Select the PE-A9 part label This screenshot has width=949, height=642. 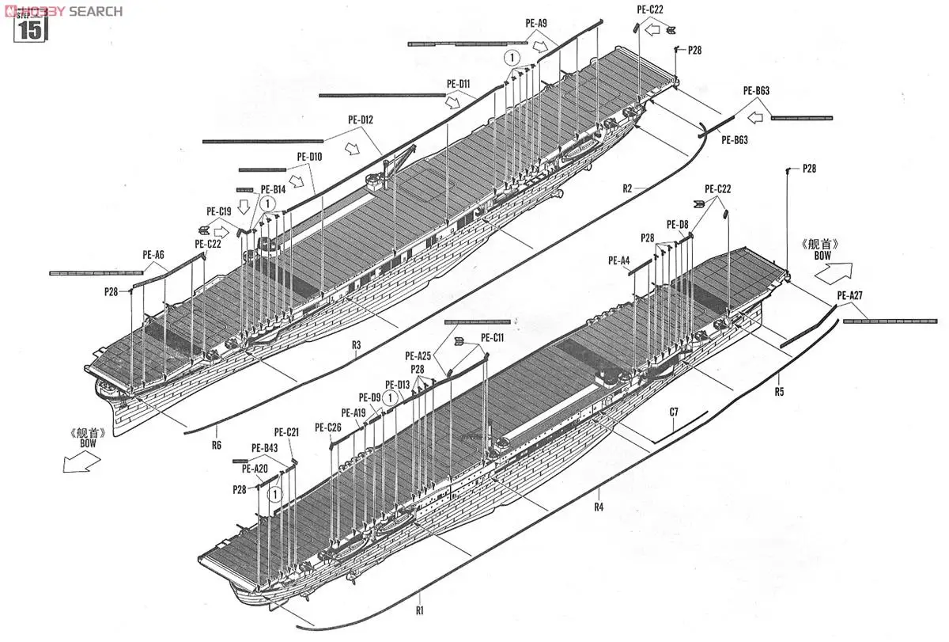[535, 24]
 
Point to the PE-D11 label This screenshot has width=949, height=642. [458, 83]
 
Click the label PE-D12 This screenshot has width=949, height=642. [361, 120]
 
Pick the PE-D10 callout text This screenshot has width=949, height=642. [309, 157]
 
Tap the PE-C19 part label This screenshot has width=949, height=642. [218, 211]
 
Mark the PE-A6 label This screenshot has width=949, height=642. [153, 254]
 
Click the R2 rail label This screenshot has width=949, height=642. [627, 188]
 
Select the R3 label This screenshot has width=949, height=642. [356, 345]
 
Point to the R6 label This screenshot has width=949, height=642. [217, 445]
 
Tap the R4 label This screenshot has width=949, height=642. [599, 506]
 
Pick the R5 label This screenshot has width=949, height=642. [779, 391]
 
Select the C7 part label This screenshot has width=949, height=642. [674, 412]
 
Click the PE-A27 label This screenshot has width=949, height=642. [849, 297]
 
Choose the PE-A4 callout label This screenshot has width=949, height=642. [619, 260]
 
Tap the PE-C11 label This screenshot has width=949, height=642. [492, 337]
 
